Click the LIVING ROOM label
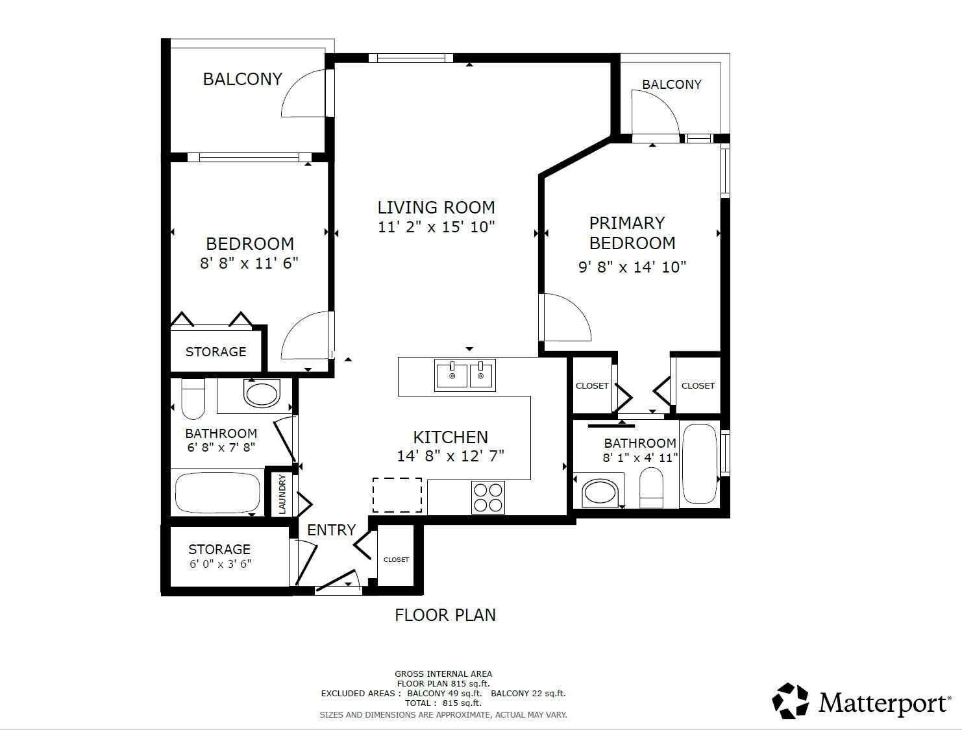436,207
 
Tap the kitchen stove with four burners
487,498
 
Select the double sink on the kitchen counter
465,375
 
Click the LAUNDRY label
282,494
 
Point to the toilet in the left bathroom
193,399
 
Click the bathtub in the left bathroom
217,493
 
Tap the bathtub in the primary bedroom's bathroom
700,463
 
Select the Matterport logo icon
790,701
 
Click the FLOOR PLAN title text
445,615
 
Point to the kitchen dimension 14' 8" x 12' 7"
450,456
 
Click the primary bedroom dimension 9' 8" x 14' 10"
632,267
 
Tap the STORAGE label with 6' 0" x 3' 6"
219,549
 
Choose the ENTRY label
331,530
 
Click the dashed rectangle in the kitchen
397,495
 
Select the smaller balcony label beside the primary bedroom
671,84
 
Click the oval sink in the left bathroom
262,393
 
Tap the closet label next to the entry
396,559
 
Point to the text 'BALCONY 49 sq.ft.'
445,693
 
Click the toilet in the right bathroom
651,487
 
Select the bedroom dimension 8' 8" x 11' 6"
249,263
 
